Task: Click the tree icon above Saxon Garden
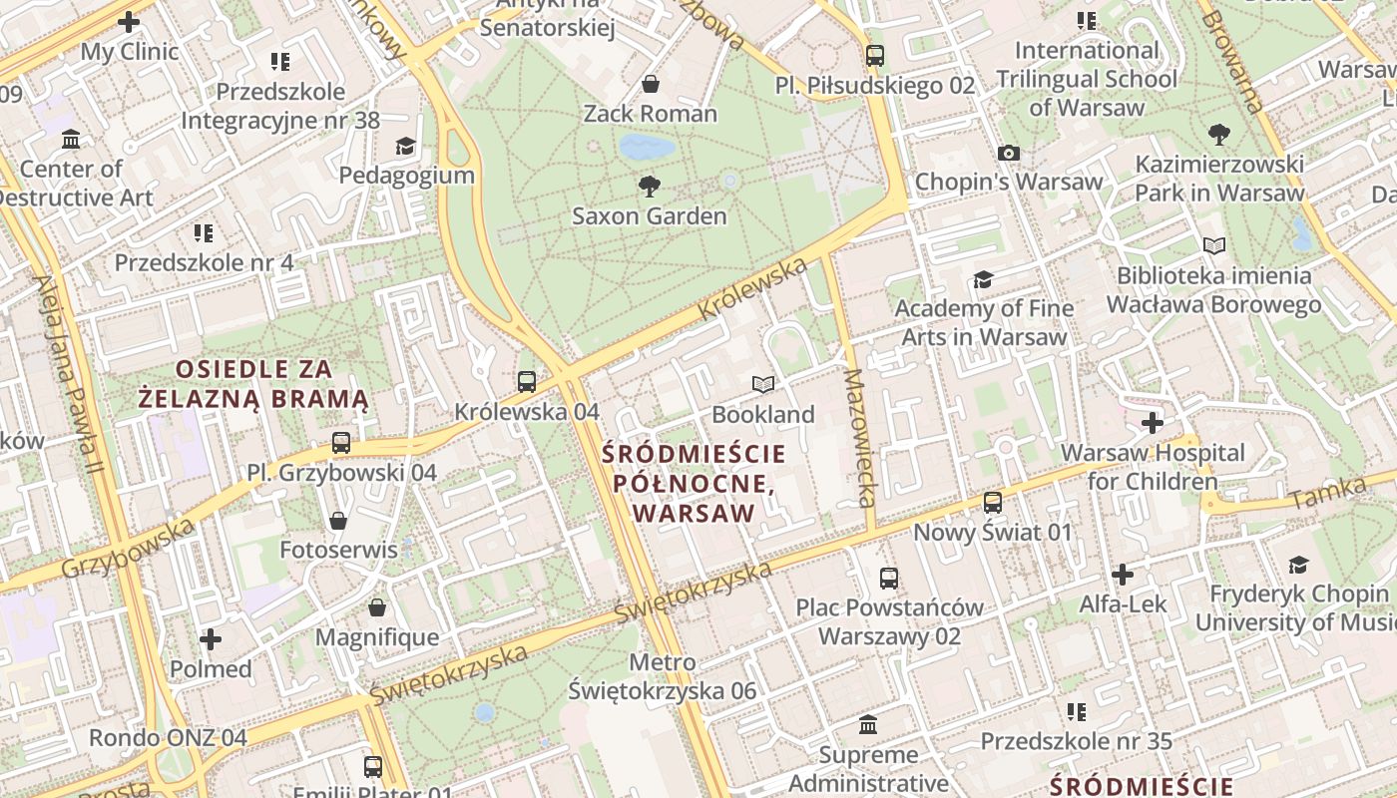click(649, 185)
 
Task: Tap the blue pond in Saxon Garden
click(646, 148)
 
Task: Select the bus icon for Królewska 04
click(527, 381)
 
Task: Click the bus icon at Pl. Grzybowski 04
click(341, 442)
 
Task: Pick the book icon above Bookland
click(763, 384)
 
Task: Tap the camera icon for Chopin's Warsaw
click(1009, 153)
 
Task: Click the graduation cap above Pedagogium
click(404, 147)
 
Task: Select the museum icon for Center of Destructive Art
click(71, 139)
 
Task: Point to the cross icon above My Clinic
click(129, 21)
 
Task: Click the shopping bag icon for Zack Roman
click(651, 84)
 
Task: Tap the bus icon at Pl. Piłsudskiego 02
click(875, 56)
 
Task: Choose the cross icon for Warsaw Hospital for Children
click(1153, 423)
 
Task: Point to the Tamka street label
click(1326, 492)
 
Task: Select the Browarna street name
click(1231, 60)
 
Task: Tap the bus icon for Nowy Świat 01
click(993, 502)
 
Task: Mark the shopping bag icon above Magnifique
click(377, 607)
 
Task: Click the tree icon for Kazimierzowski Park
click(1218, 134)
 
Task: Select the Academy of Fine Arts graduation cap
click(984, 279)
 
